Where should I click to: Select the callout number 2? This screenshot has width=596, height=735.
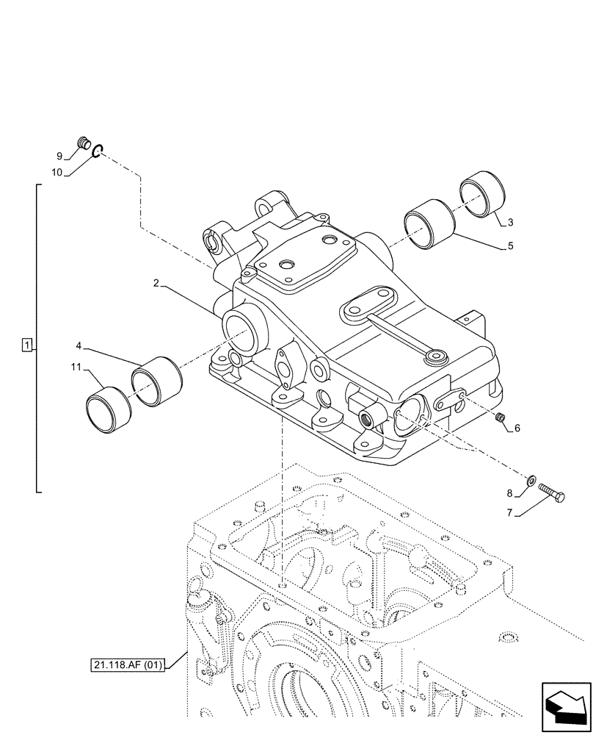[156, 283]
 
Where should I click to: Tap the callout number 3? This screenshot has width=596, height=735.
[511, 221]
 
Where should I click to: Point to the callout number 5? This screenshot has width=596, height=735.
[511, 247]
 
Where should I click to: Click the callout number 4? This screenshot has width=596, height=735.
[79, 345]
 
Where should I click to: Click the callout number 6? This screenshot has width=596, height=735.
[517, 428]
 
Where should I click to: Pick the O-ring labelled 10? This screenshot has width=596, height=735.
[100, 152]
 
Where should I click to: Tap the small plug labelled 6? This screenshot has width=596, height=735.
[501, 418]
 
